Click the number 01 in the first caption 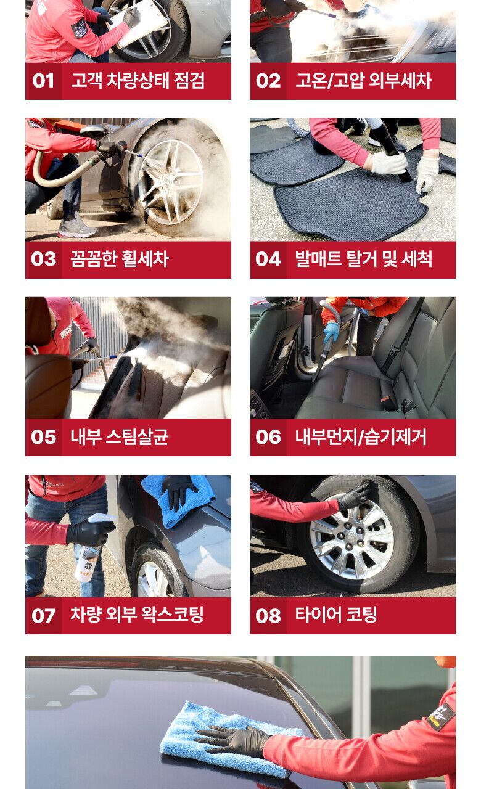pyautogui.click(x=43, y=81)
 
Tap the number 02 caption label pyautogui.click(x=268, y=81)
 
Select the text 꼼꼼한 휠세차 pyautogui.click(x=120, y=259)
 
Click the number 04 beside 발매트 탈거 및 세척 pyautogui.click(x=268, y=260)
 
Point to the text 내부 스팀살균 pyautogui.click(x=120, y=437)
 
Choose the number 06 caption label pyautogui.click(x=268, y=437)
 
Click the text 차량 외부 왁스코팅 pyautogui.click(x=137, y=615)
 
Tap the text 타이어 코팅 pyautogui.click(x=336, y=615)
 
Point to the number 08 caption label pyautogui.click(x=268, y=616)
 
